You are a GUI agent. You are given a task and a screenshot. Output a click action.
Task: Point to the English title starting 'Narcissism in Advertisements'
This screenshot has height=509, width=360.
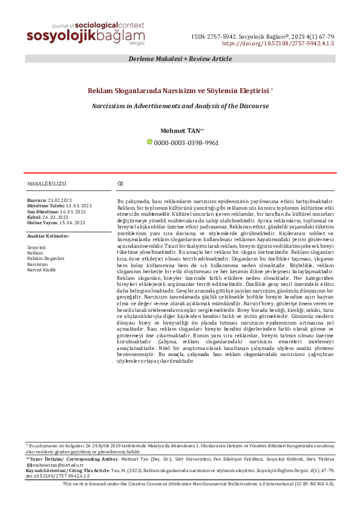pyautogui.click(x=180, y=105)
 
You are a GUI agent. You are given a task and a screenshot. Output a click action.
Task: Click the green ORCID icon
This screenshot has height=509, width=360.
pyautogui.click(x=150, y=142)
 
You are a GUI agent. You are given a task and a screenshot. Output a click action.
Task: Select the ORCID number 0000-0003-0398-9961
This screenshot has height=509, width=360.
pyautogui.click(x=186, y=143)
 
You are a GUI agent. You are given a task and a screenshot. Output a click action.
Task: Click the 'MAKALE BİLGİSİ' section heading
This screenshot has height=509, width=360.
pyautogui.click(x=47, y=183)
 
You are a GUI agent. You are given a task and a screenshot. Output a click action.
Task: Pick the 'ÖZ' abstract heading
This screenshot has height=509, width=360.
pyautogui.click(x=120, y=183)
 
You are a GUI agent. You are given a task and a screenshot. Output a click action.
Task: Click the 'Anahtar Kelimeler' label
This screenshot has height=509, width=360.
pyautogui.click(x=49, y=235)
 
